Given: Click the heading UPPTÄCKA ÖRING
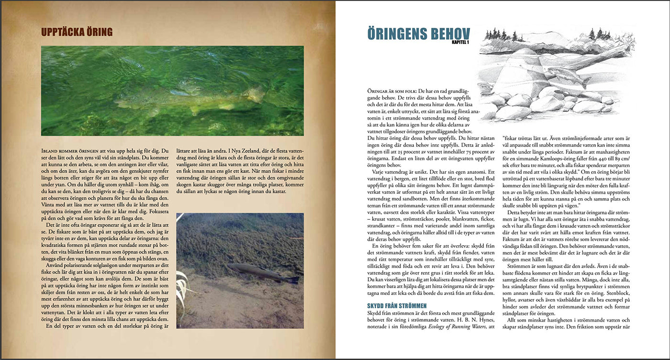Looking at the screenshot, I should click(77, 33).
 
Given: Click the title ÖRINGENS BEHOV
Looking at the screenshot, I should click(418, 34).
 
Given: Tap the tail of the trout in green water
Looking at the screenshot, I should click(256, 94).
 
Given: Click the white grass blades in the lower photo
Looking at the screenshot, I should click(184, 287).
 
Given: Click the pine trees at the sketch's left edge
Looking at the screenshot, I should click(495, 35).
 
